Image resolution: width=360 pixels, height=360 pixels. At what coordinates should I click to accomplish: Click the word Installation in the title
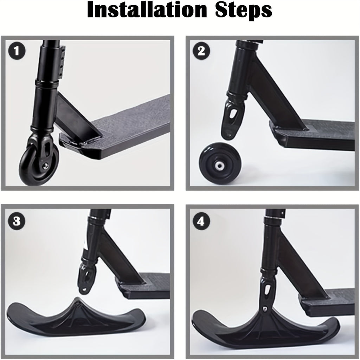coord(147,10)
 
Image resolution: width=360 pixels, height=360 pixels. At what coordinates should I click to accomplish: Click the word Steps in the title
coord(244,11)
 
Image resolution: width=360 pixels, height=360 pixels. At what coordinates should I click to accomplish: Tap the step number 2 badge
coord(201,51)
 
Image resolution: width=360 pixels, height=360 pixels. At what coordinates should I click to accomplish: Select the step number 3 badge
coord(17,221)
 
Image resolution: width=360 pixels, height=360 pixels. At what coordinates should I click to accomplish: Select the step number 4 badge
coord(201,221)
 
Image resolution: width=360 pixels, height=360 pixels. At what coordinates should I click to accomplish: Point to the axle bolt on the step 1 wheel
coord(46,166)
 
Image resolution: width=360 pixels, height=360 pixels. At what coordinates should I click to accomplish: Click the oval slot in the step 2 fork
coord(234,114)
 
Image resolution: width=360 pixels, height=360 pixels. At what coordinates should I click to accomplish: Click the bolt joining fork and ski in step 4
coord(265,309)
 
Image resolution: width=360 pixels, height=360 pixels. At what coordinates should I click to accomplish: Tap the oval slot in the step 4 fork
coord(268,290)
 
